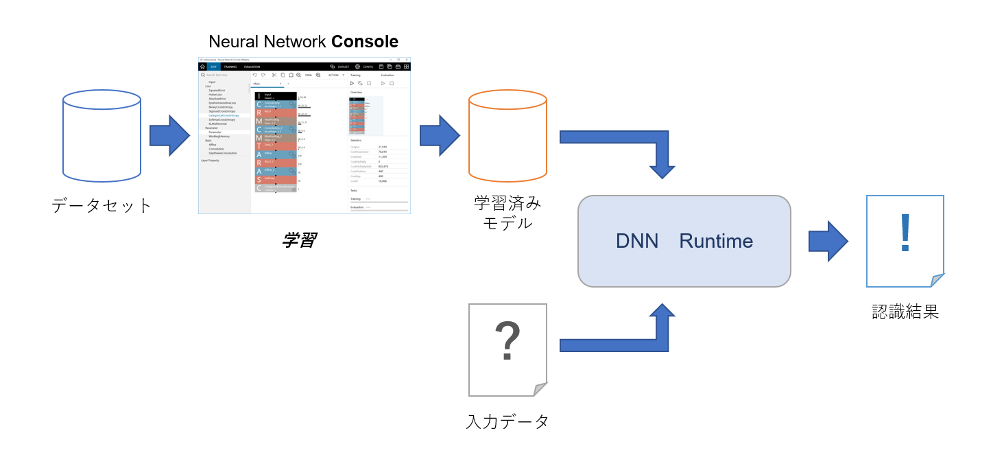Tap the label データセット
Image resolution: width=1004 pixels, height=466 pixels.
[101, 205]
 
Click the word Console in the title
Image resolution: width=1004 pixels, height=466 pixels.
[364, 41]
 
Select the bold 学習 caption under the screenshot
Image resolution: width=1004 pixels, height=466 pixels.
[299, 240]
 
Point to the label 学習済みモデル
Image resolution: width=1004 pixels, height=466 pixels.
[507, 213]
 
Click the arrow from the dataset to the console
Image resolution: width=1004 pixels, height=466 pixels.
[169, 136]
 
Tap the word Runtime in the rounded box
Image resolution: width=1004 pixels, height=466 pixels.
[716, 241]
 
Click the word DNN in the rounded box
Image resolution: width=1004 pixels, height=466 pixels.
[636, 241]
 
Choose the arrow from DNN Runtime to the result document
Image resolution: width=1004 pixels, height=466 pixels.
[828, 241]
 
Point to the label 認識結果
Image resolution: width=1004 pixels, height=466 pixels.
[905, 312]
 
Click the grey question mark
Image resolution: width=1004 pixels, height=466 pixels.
[507, 341]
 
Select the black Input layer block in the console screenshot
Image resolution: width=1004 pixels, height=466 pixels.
[276, 96]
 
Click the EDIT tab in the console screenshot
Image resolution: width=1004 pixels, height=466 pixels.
[213, 67]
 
